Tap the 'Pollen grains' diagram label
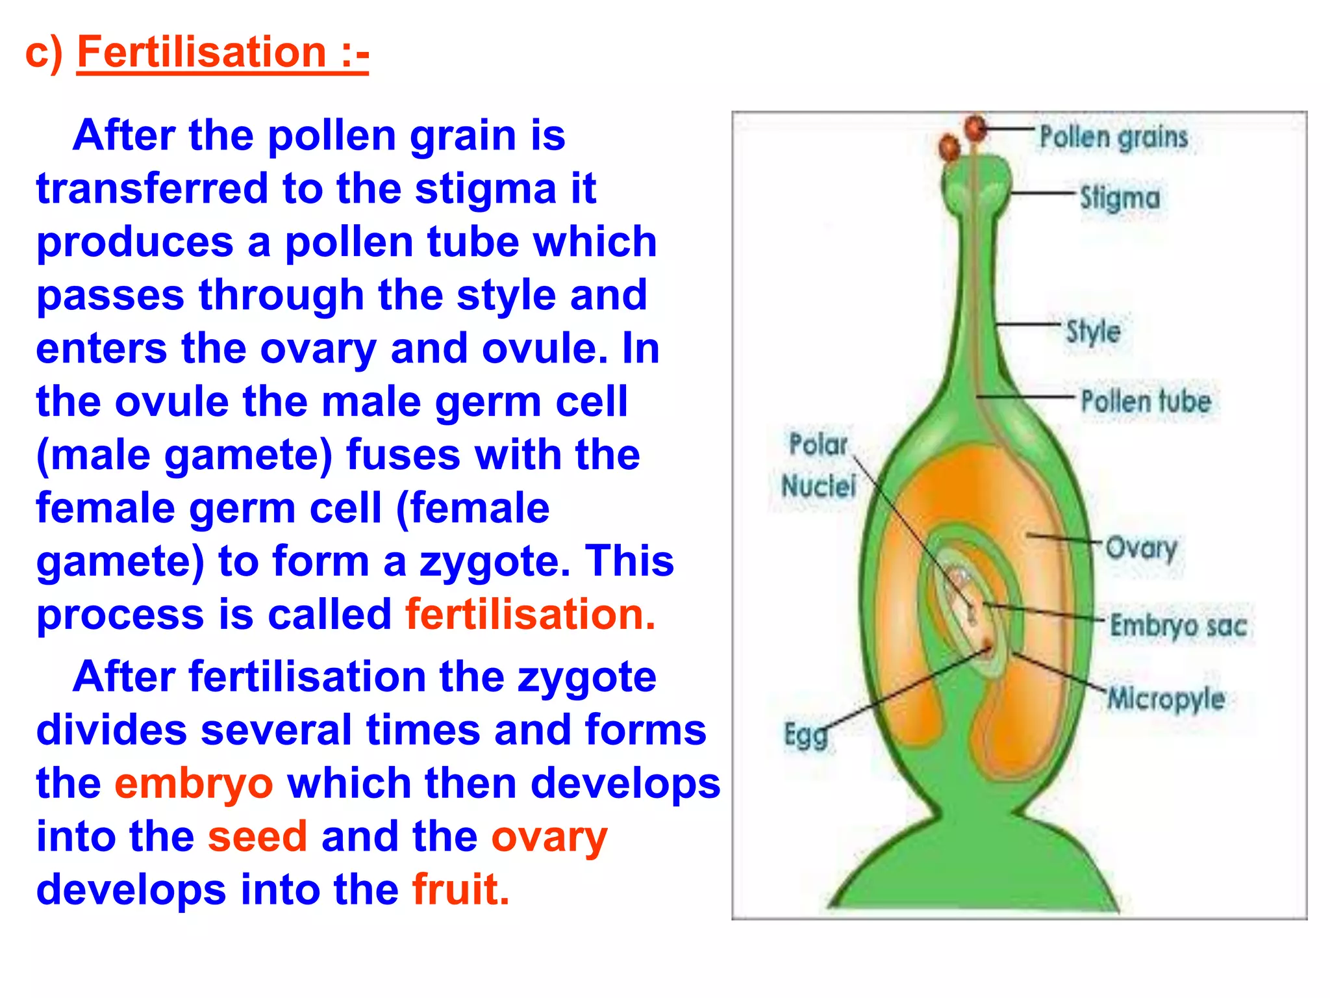click(1113, 137)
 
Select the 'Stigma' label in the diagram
click(1120, 198)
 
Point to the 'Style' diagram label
click(1094, 331)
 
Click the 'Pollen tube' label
click(1146, 401)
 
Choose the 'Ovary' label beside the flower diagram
click(1141, 549)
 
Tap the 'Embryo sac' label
click(1178, 625)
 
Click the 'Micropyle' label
click(1166, 699)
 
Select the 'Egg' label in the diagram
click(806, 736)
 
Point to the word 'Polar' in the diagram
click(818, 444)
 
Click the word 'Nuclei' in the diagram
click(818, 485)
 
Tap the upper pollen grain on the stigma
click(975, 127)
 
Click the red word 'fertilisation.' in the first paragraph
click(530, 614)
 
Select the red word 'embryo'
click(194, 783)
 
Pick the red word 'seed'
click(257, 836)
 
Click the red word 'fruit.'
click(460, 889)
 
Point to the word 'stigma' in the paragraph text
click(486, 189)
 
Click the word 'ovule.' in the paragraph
click(545, 349)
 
